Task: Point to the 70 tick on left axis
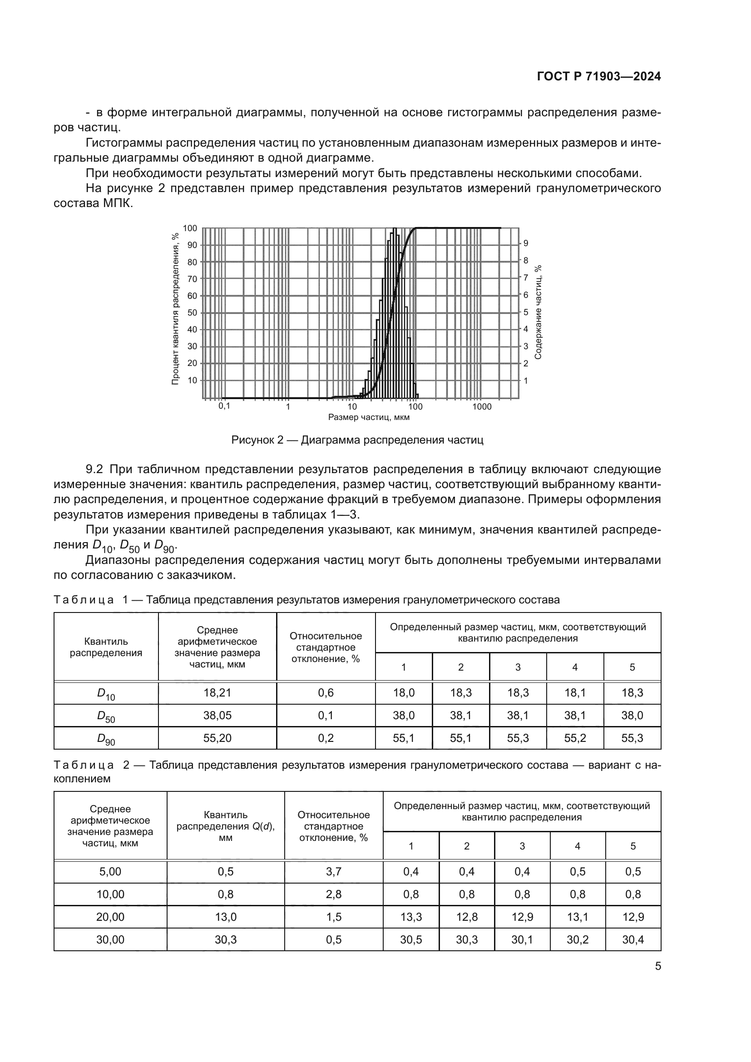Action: (192, 279)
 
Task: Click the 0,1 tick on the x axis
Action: (224, 406)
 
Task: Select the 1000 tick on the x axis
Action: (482, 406)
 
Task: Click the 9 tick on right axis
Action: (526, 243)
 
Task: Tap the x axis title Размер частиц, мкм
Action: (369, 417)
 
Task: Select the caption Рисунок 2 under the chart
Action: (357, 440)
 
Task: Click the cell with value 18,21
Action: (217, 692)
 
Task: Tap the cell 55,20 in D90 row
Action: (217, 738)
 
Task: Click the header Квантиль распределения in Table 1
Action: (106, 647)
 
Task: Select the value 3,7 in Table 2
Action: (333, 871)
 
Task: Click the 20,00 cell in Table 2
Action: (110, 917)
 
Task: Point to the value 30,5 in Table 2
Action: (410, 939)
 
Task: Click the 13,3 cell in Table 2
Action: (410, 917)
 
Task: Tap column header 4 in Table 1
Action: (575, 667)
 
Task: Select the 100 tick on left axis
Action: (190, 228)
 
